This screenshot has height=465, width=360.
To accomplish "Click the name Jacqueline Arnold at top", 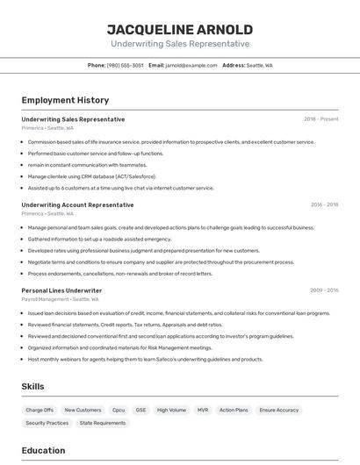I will pos(179,29).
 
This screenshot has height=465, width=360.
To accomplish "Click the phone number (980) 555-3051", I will pos(125,65).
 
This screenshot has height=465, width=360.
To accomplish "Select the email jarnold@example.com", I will pos(191,65).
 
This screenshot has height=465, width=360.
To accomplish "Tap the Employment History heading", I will pos(65,100).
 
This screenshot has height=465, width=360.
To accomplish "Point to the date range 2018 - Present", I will pos(320,119).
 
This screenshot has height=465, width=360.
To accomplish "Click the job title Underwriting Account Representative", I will pos(77,205).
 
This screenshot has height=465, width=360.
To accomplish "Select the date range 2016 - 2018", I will pos(324,205).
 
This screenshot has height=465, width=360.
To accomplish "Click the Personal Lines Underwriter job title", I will pos(61,290).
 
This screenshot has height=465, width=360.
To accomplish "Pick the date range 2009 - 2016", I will pos(324,290).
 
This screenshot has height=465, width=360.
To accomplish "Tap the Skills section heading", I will pos(33,386).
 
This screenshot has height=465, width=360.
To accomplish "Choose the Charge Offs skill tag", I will pos(40,410).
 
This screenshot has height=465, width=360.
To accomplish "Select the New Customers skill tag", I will pos(83,410).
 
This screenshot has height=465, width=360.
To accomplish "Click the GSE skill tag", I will pos(140,410).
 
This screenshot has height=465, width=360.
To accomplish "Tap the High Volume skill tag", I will pos(171,410).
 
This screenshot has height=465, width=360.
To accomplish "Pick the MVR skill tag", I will pos(203,410).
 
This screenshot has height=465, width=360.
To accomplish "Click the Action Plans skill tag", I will pos(234,410).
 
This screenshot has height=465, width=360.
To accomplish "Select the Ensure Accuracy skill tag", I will pos(279,410).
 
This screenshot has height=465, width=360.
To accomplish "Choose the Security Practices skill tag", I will pos(47,423).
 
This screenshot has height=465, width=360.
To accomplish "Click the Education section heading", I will pos(43,451).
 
